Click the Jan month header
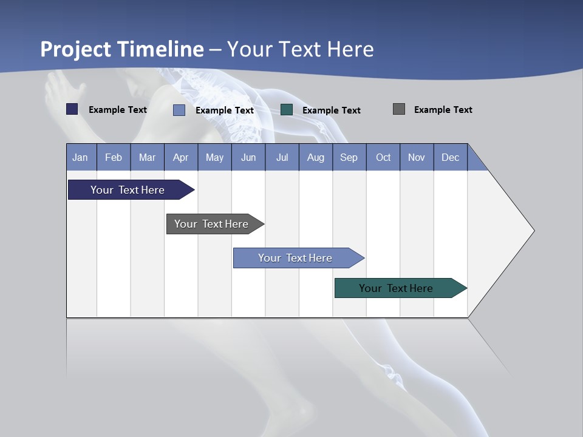(80, 157)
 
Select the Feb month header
(114, 157)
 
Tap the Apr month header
(180, 157)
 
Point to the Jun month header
(248, 157)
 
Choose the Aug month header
(315, 157)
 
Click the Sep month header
(349, 157)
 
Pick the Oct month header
(383, 157)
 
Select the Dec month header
(450, 157)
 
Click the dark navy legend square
(72, 109)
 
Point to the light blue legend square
(179, 110)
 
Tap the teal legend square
(287, 109)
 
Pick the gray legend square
(399, 109)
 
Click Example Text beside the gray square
(443, 110)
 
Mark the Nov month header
(417, 157)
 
